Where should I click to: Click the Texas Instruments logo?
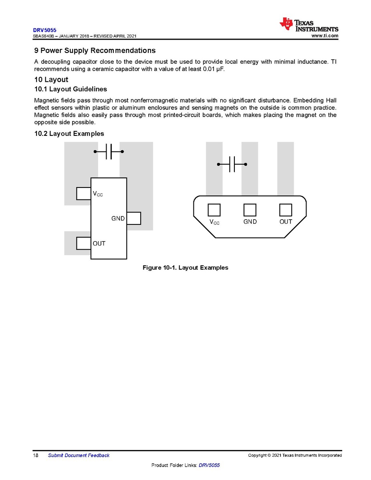[309, 24]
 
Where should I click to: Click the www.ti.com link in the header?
[325, 36]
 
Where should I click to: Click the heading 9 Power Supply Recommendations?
[95, 51]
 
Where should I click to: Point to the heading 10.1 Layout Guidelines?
[71, 89]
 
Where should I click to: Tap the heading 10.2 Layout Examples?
[69, 133]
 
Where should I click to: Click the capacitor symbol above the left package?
[109, 151]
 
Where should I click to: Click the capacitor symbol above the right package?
[232, 164]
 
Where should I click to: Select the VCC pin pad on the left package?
[83, 194]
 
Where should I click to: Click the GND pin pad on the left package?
[134, 218]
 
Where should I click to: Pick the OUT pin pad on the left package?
[83, 243]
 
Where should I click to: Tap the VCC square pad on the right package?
[214, 210]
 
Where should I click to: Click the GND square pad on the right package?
[250, 210]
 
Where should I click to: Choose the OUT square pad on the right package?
[285, 210]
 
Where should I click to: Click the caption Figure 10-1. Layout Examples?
[185, 268]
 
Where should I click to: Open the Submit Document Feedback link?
[79, 455]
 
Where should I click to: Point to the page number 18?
[36, 455]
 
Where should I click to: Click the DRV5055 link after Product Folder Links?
[209, 465]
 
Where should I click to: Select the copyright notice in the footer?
[295, 455]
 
